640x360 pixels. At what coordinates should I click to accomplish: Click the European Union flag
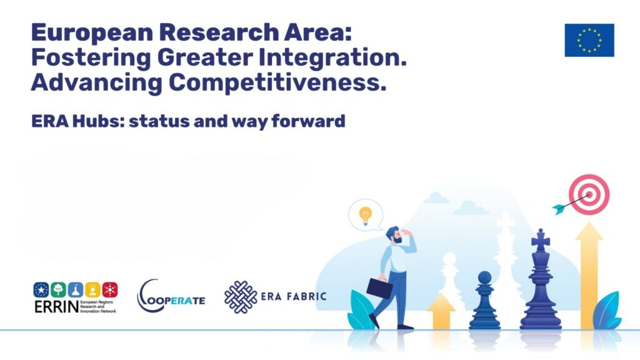click(589, 40)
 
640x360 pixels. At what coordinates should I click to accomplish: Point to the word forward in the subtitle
click(308, 121)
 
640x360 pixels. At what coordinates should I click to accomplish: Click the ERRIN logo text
click(56, 306)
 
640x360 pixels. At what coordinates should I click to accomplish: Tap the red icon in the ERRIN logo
click(110, 289)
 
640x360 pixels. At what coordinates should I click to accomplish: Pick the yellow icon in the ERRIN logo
click(92, 289)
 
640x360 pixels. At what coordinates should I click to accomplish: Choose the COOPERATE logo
click(171, 296)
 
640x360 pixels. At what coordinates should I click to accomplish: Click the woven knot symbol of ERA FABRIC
click(241, 297)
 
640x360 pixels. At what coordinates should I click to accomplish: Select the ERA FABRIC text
click(294, 296)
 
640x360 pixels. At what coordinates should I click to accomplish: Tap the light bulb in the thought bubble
click(365, 215)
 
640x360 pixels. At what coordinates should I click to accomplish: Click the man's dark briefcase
click(379, 287)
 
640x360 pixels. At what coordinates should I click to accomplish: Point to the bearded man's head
click(394, 236)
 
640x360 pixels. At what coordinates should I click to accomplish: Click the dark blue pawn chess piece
click(484, 301)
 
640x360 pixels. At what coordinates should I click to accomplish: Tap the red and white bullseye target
click(589, 195)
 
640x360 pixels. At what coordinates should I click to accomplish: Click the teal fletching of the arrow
click(559, 209)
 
